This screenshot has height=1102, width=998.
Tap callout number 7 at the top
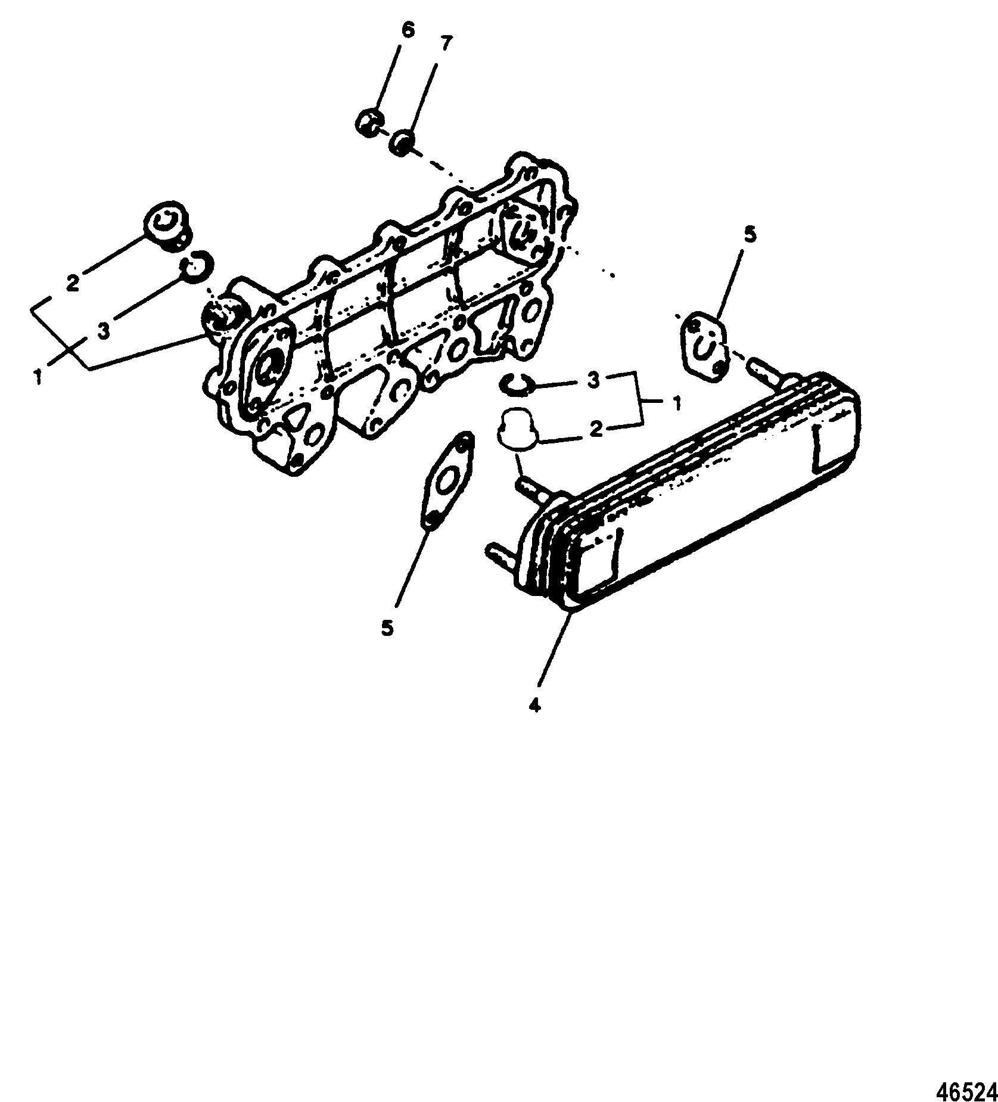pos(446,45)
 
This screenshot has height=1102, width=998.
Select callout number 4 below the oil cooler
pos(534,705)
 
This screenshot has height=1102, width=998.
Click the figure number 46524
pos(967,1087)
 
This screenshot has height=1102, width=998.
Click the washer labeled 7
pos(402,142)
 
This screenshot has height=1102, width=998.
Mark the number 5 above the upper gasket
pos(750,234)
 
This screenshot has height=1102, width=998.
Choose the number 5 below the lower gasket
pos(388,628)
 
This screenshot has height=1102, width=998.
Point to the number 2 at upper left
pos(73,283)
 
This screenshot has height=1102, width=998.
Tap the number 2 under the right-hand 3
pos(596,430)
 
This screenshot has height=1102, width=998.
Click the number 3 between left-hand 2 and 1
pos(103,331)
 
